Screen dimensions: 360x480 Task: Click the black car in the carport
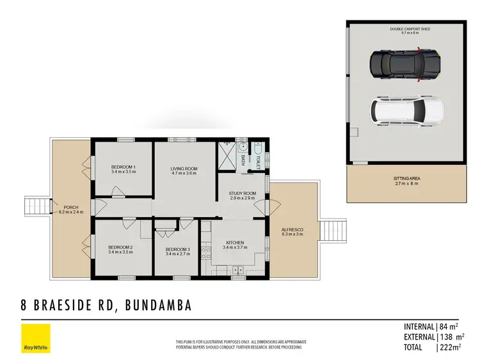[406, 65]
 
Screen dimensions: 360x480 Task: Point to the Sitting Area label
[407, 181]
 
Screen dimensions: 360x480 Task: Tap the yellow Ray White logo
[36, 338]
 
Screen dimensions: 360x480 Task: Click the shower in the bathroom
[227, 154]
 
